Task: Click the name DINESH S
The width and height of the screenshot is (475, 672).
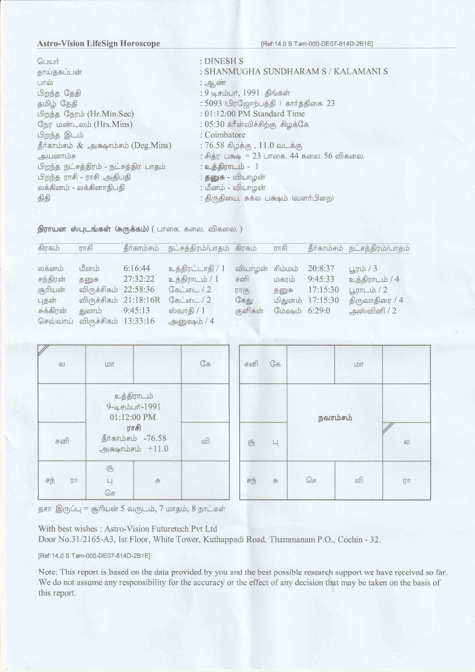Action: pos(223,61)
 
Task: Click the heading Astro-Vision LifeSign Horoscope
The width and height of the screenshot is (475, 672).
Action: pos(98,43)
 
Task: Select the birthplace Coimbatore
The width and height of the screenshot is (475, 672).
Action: pos(225,135)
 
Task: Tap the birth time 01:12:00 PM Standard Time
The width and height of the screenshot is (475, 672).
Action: pos(255,114)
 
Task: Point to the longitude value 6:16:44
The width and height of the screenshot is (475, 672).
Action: pos(136,268)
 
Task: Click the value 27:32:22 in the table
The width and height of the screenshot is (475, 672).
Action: pos(139,279)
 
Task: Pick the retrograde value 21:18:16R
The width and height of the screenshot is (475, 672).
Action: pos(142,300)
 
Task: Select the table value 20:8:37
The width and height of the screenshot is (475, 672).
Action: pos(321,268)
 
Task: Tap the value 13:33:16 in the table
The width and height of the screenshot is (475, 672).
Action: pos(139,321)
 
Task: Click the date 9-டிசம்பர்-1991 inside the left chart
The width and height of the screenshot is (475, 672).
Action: pos(134,406)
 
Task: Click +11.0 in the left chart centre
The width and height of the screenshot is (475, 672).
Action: pos(158,448)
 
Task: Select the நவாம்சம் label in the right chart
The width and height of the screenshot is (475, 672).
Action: pos(335,418)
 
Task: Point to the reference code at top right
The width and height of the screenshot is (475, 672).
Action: pos(317,44)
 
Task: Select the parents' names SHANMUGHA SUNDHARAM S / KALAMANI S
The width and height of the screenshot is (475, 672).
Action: pos(296,71)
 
